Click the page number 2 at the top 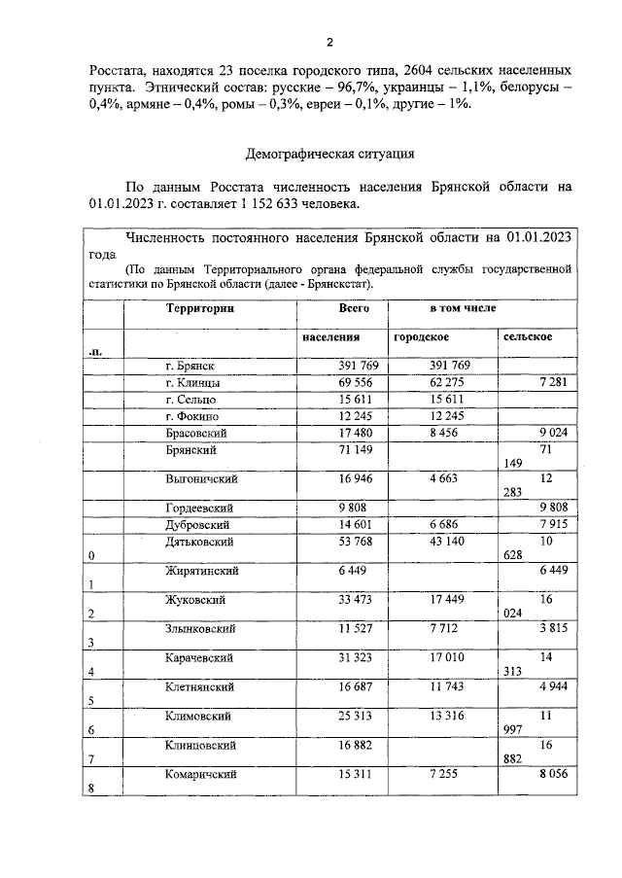329,42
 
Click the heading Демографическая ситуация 329,153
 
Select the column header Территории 200,308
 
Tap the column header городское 421,336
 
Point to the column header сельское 528,336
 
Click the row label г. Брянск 190,367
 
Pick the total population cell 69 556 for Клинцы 330,383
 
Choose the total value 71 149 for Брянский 330,450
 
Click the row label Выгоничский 202,479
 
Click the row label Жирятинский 205,571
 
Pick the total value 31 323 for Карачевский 330,658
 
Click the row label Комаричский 203,774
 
